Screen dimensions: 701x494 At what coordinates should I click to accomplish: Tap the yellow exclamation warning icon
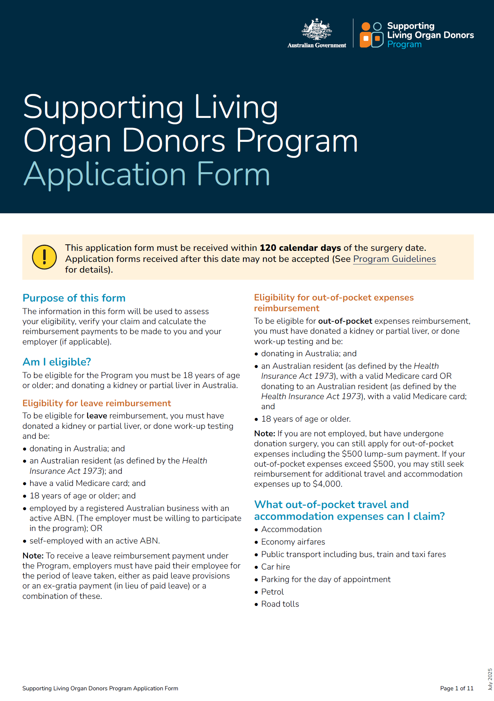click(44, 257)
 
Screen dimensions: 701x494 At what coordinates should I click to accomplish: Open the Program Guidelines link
click(394, 259)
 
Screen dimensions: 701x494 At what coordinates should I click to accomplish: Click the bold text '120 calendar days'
click(300, 248)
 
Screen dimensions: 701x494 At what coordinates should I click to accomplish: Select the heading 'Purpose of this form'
click(74, 298)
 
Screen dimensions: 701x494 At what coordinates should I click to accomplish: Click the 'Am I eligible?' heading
click(57, 362)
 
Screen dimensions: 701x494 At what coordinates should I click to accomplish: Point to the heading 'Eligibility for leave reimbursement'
click(97, 403)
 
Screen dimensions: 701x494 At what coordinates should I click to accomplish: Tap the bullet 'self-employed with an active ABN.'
click(95, 541)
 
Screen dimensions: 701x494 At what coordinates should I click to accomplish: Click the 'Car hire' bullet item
click(276, 567)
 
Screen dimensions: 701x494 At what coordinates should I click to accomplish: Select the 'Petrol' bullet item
click(272, 592)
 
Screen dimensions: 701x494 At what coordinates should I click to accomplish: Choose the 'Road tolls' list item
click(280, 604)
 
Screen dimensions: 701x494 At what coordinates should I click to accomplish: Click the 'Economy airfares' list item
click(293, 542)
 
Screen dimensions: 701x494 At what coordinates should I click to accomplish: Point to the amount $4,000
click(327, 484)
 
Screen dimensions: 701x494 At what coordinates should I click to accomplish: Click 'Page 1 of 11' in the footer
click(457, 688)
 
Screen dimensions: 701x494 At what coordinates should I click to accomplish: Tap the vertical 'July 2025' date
click(490, 679)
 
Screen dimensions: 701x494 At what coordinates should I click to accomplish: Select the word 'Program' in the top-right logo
click(404, 45)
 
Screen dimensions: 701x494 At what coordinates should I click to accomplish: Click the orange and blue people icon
click(372, 35)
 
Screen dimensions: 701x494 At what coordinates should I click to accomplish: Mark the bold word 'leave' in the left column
click(97, 416)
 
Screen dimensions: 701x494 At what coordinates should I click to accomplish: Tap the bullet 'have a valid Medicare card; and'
click(87, 483)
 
